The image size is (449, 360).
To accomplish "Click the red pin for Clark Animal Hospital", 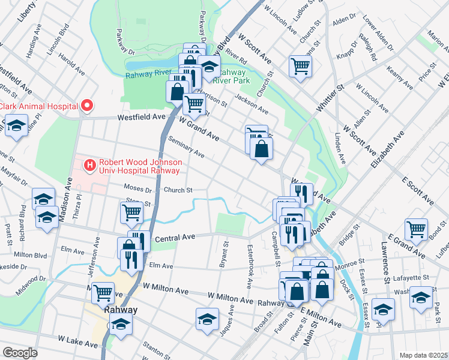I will click(x=87, y=106).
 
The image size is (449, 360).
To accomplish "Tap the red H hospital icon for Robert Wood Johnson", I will click(x=89, y=164).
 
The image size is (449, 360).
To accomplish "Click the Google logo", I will click(x=20, y=353).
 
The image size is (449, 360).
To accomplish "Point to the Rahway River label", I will click(x=148, y=75).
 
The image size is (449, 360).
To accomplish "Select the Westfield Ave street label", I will click(x=141, y=118).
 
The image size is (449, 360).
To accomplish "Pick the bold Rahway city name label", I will click(x=121, y=310).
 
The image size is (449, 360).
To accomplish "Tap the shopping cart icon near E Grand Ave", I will click(x=416, y=229).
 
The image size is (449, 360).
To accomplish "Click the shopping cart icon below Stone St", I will click(x=131, y=211).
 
